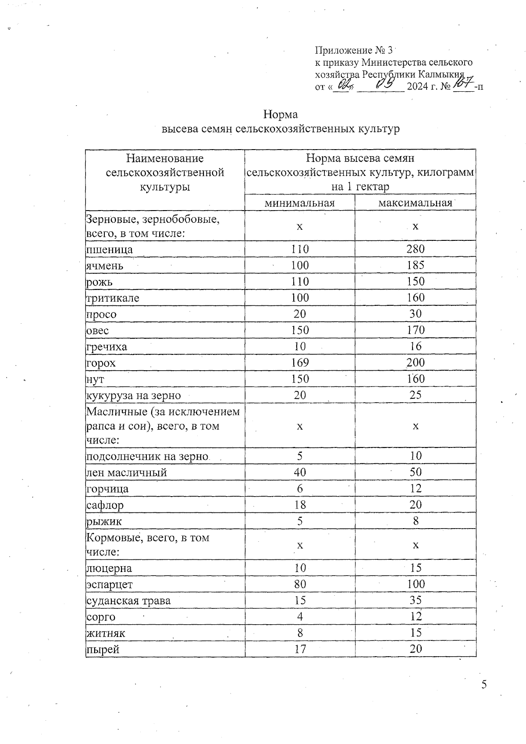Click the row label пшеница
click(110, 250)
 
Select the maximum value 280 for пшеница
click(415, 249)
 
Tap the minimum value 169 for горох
click(300, 363)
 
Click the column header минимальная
click(299, 203)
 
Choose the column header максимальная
click(415, 203)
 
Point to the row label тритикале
click(113, 298)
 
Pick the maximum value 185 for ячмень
click(415, 265)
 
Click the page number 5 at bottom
click(484, 685)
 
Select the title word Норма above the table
click(281, 115)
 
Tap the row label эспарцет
click(110, 585)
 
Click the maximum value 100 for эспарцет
click(415, 584)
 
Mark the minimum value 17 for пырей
click(300, 649)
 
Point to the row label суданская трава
click(128, 601)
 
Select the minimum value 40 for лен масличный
click(300, 472)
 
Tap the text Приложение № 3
click(354, 50)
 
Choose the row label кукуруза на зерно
click(134, 396)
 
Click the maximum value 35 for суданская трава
click(415, 601)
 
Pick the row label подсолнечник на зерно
click(147, 457)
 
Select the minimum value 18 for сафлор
click(300, 505)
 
